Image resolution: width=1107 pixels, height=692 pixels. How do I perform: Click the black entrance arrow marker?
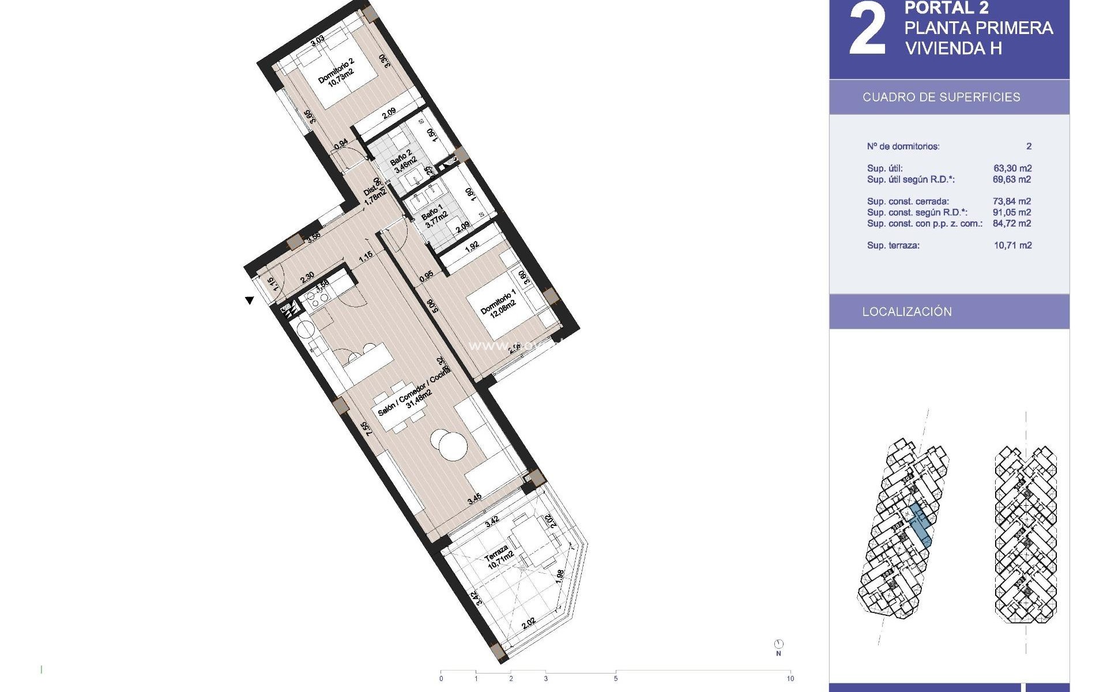[x=250, y=300]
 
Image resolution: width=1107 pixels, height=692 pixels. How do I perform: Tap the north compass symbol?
[x=779, y=644]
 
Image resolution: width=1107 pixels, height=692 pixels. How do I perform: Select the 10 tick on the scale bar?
[x=790, y=679]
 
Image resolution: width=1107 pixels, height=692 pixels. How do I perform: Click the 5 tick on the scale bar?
[x=615, y=679]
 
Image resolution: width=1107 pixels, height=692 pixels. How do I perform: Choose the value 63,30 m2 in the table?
[x=1012, y=168]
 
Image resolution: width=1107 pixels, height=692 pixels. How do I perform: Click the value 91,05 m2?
[x=1012, y=212]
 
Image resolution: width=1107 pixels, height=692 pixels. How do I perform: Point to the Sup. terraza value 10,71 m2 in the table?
[x=1012, y=245]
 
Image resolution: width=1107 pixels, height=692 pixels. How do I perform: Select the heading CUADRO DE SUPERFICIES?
[x=941, y=97]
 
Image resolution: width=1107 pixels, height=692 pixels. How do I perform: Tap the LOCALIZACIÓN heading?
[x=906, y=311]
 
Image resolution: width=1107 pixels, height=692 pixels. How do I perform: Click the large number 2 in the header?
[x=867, y=30]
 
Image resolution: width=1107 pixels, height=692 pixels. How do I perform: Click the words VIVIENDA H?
[x=953, y=48]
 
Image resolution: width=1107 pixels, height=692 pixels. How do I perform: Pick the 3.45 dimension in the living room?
[x=474, y=499]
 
